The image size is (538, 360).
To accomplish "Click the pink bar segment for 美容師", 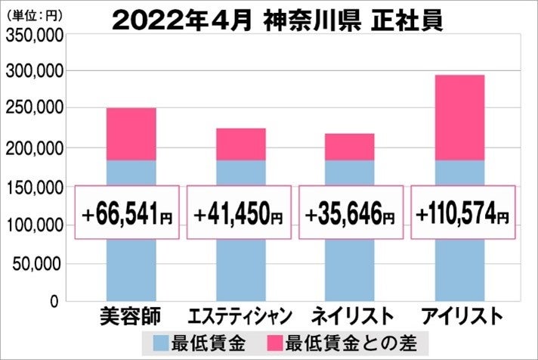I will coord(131,134).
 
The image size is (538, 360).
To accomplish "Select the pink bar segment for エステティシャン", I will coord(240,144).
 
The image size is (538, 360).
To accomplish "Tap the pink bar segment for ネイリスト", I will coord(349,147).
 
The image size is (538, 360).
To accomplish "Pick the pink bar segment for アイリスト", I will coord(459,117).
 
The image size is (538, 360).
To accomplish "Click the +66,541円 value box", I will coord(128,213).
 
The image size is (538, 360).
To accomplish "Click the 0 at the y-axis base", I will coord(54,303).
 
